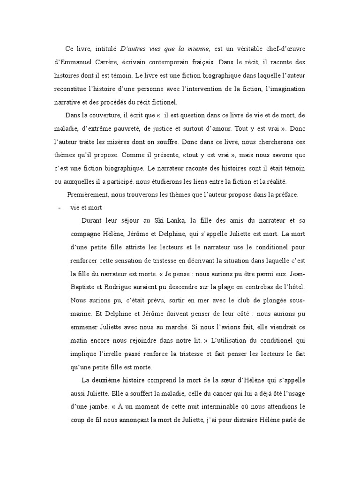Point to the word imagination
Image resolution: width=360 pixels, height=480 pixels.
click(285, 89)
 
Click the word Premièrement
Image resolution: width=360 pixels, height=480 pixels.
click(88, 194)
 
